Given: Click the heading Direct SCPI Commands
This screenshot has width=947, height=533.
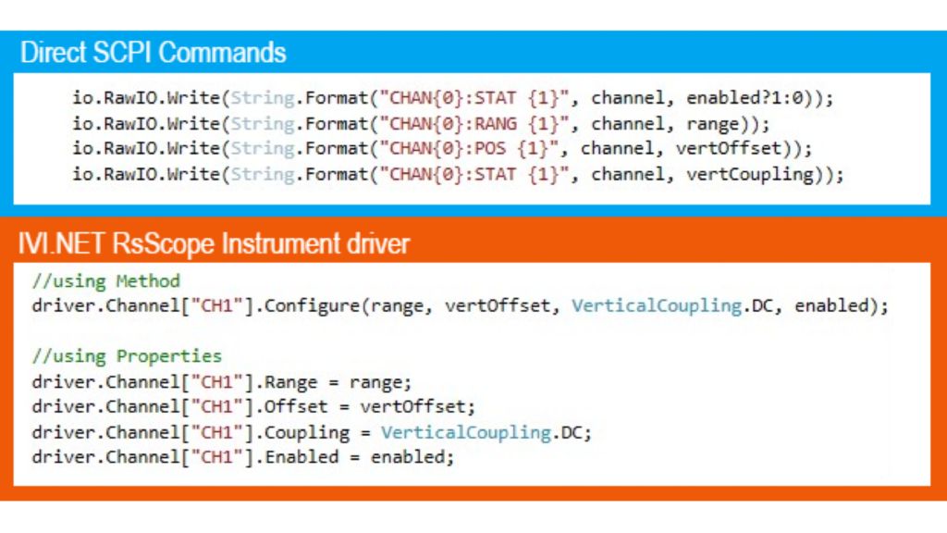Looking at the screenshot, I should tap(154, 52).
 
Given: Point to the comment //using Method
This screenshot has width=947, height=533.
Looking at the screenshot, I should tap(105, 280).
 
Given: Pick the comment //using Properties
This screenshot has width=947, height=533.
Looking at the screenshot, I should tap(127, 356).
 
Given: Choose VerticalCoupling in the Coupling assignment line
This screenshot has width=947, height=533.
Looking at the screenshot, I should tap(466, 432).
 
